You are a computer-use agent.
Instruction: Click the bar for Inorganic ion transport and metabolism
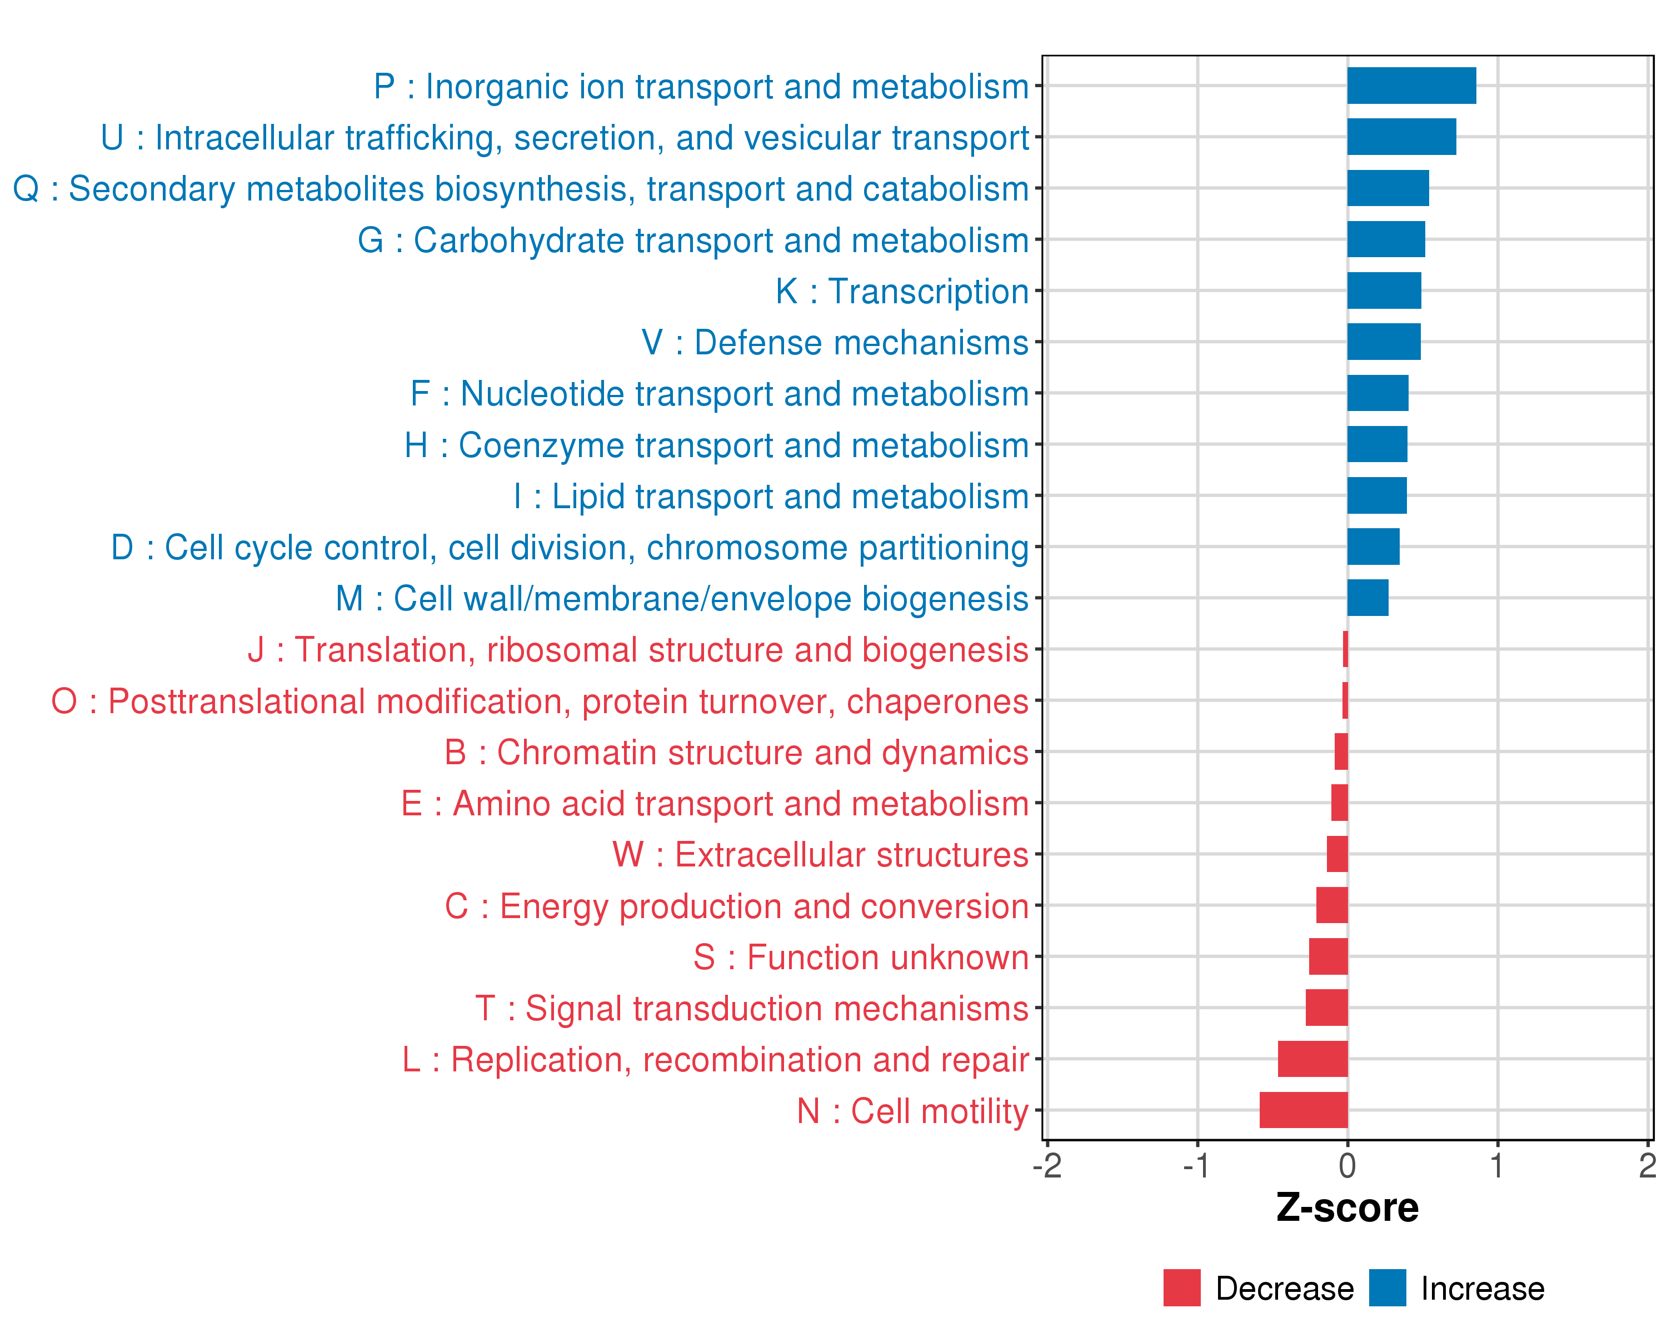1411,86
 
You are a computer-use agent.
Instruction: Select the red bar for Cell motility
1304,1110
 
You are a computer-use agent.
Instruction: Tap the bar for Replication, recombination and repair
1313,1059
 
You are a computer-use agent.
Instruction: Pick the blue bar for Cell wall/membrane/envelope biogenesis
1368,598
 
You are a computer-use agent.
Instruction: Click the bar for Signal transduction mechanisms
1327,1008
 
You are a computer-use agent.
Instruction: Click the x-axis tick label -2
1047,1166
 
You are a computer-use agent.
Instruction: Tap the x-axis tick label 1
1498,1166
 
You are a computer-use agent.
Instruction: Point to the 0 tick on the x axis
1347,1166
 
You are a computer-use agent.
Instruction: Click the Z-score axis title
1347,1208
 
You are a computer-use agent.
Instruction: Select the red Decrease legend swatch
1181,1288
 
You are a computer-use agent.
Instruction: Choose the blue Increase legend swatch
1387,1288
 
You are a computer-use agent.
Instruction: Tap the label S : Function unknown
861,958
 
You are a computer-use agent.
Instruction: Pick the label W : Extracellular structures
820,855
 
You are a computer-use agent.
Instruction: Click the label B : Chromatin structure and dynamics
736,753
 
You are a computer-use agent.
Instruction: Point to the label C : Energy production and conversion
736,906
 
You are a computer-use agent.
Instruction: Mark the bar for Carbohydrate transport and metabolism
1386,239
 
